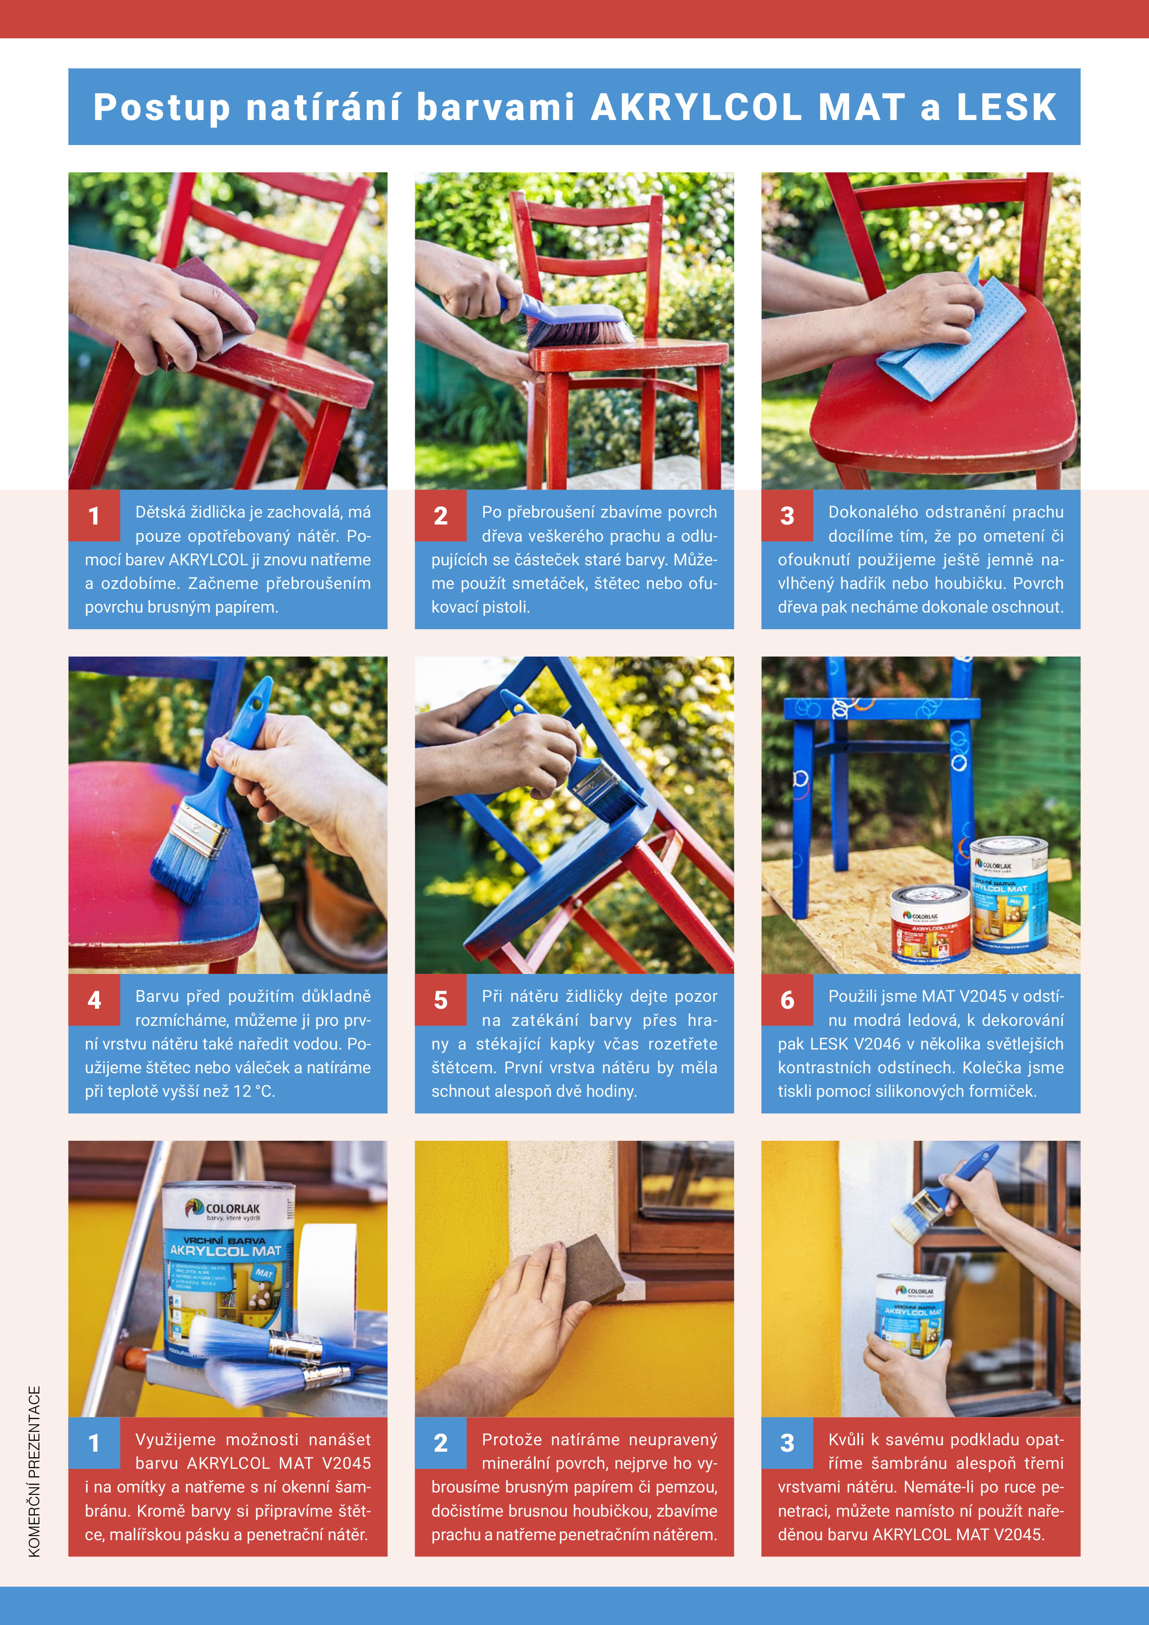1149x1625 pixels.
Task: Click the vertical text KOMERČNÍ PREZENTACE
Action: [x=34, y=1472]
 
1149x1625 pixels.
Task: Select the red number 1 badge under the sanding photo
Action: [x=94, y=515]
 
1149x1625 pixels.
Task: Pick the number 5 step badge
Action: [x=441, y=999]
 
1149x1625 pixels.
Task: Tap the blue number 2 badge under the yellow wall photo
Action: [x=441, y=1442]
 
